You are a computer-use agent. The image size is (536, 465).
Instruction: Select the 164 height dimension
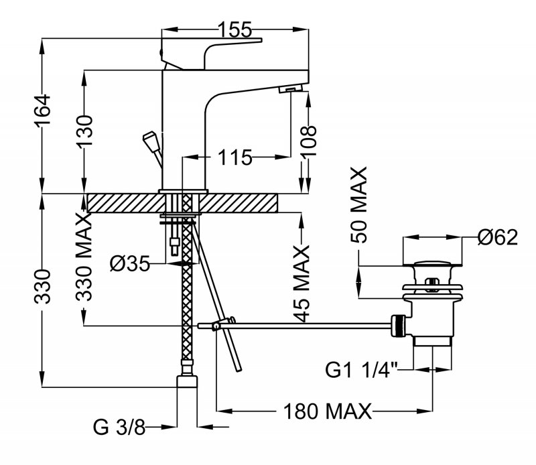42,110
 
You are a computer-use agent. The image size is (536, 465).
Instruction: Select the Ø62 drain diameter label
498,237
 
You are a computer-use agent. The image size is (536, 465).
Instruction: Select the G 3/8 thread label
120,426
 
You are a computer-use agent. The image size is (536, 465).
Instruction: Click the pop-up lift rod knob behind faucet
149,141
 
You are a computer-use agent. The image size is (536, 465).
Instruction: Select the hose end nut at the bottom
188,383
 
